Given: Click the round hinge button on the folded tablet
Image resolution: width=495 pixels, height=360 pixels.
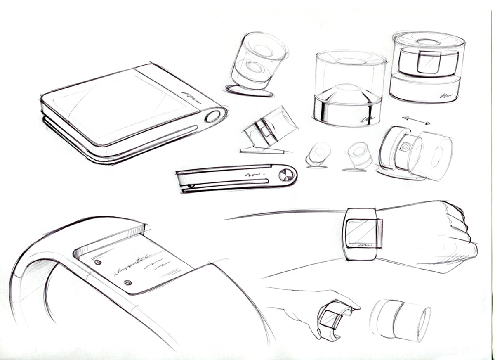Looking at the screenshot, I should click(212, 117).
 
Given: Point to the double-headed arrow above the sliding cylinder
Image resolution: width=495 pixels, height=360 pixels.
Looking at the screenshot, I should click(416, 121).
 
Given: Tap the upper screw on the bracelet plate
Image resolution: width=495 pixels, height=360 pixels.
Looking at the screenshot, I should click(98, 262).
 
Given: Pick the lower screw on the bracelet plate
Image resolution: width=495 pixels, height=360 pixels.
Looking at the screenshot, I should click(128, 282).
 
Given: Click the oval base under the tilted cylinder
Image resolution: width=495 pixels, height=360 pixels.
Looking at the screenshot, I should click(250, 91).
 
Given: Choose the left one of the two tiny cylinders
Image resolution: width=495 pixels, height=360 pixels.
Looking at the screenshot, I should click(318, 154).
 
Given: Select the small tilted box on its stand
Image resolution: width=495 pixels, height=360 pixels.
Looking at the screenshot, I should click(270, 129).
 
